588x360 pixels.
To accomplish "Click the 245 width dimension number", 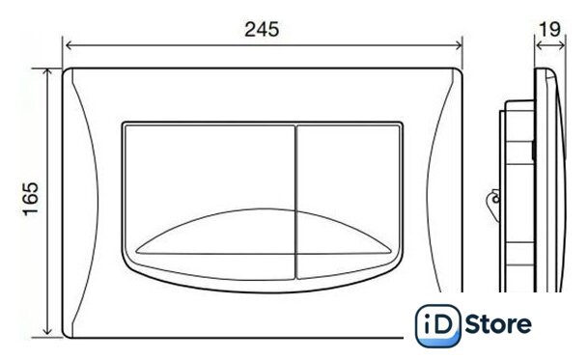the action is coord(262,29).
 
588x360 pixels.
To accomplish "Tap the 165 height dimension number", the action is coord(31,199).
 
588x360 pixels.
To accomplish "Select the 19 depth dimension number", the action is coord(549,29).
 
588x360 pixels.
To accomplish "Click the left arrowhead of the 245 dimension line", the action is coord(69,45).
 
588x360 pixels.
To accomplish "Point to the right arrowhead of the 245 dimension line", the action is coord(459,45).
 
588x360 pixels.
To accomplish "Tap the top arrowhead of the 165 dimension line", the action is coord(47,72).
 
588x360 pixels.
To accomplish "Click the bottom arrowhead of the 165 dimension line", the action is coord(47,331).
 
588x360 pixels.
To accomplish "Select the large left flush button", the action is coord(210,199).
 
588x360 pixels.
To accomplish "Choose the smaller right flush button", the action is coord(348,199).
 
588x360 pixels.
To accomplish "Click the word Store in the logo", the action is coord(498,324).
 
